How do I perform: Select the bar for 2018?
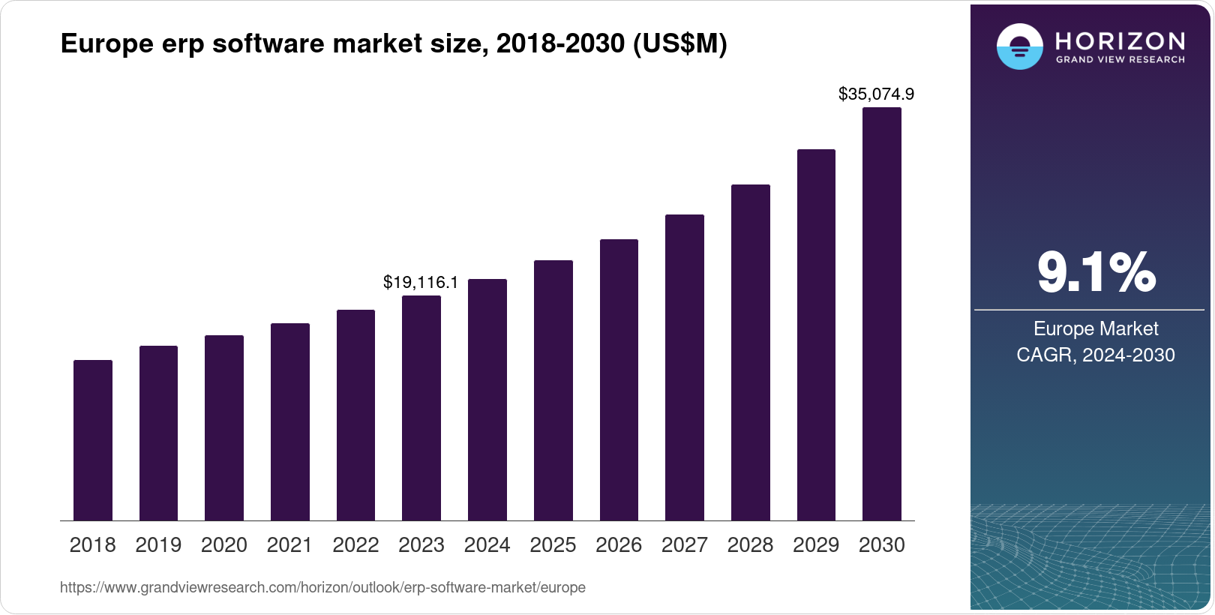pyautogui.click(x=93, y=440)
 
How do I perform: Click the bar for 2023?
pyautogui.click(x=421, y=408)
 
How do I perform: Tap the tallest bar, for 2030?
pyautogui.click(x=882, y=314)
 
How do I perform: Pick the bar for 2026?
pyautogui.click(x=619, y=380)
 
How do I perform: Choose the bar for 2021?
pyautogui.click(x=290, y=422)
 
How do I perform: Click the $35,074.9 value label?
pyautogui.click(x=876, y=94)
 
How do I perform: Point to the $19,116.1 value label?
pyautogui.click(x=421, y=283)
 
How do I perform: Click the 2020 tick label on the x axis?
pyautogui.click(x=224, y=545)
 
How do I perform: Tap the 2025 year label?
pyautogui.click(x=553, y=545)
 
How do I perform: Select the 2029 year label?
pyautogui.click(x=816, y=545)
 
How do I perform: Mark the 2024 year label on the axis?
pyautogui.click(x=487, y=545)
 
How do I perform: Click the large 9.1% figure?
pyautogui.click(x=1096, y=273)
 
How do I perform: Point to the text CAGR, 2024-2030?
pyautogui.click(x=1095, y=355)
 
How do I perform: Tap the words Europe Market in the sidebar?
pyautogui.click(x=1096, y=328)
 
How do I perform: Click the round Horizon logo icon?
pyautogui.click(x=1019, y=46)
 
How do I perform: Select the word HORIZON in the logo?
pyautogui.click(x=1120, y=40)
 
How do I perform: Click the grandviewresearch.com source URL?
pyautogui.click(x=322, y=588)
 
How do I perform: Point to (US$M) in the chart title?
pyautogui.click(x=680, y=43)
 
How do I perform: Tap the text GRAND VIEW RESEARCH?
pyautogui.click(x=1120, y=60)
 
